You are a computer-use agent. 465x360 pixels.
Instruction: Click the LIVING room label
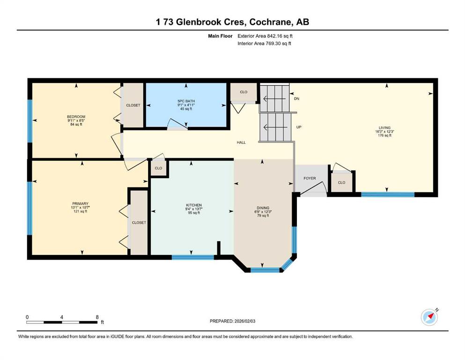(x=384, y=127)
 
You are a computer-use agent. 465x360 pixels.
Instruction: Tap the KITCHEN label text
(x=194, y=205)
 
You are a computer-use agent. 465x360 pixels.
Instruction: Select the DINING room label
(x=263, y=208)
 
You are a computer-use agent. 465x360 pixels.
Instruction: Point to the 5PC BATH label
(x=186, y=101)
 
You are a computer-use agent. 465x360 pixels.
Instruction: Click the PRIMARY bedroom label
(x=80, y=203)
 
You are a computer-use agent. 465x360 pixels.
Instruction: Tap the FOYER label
(x=310, y=178)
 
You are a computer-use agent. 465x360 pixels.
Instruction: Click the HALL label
(x=241, y=142)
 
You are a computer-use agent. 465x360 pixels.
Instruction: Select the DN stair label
(x=296, y=98)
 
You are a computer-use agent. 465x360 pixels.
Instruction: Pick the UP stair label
(x=299, y=127)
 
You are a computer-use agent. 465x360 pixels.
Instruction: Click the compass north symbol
(x=429, y=317)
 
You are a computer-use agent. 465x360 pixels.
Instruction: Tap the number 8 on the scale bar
(x=97, y=317)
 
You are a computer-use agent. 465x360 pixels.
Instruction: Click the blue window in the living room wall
(x=388, y=195)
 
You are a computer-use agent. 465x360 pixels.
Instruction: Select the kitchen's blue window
(x=193, y=257)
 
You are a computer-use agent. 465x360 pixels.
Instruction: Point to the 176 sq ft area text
(x=384, y=135)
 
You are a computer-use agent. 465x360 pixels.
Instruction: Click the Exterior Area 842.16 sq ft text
(x=265, y=36)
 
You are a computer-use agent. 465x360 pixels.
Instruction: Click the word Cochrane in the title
(x=270, y=22)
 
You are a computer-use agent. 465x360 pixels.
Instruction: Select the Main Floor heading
(x=220, y=36)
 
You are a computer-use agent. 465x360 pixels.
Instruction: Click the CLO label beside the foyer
(x=341, y=182)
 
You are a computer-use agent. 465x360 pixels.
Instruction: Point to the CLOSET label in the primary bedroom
(x=139, y=223)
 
